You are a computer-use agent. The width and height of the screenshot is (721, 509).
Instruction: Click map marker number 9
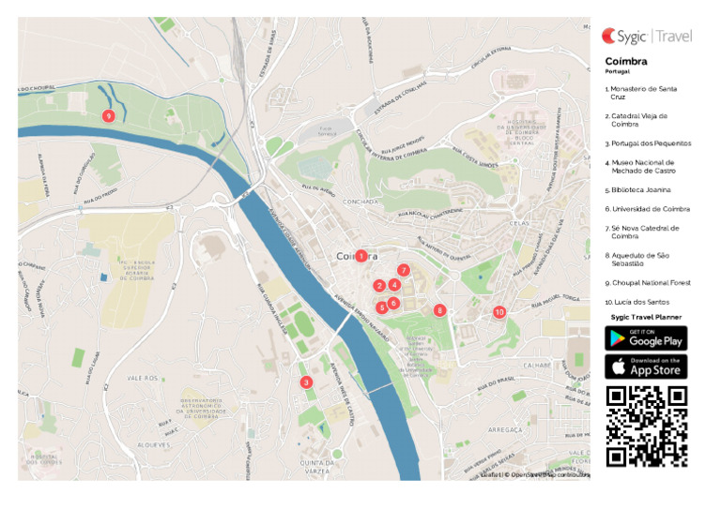point(108,115)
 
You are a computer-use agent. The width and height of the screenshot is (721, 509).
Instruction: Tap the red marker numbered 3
point(306,382)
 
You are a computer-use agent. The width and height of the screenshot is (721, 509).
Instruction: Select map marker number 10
point(499,311)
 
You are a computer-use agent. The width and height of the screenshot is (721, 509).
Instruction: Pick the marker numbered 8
point(439,310)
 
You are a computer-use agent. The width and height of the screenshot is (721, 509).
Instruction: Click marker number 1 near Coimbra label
point(361,256)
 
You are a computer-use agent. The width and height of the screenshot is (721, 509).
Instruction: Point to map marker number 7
point(404,270)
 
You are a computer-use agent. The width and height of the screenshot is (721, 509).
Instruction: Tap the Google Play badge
point(646,338)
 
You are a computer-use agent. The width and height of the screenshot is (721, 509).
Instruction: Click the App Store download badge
point(646,367)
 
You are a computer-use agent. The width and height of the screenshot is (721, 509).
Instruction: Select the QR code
point(646,426)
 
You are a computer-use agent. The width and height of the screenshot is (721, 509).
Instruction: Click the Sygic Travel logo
point(647,37)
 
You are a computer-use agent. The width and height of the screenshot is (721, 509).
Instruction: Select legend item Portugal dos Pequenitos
point(648,143)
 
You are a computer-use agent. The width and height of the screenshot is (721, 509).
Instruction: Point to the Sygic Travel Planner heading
point(646,318)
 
